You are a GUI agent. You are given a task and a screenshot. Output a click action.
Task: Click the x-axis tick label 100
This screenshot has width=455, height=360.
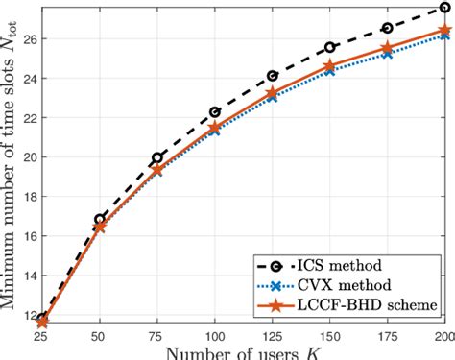[x=215, y=337]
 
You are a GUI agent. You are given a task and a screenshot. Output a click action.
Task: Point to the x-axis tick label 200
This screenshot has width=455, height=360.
[x=441, y=337]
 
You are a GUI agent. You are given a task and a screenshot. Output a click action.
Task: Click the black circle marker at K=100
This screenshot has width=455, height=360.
[x=215, y=112]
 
